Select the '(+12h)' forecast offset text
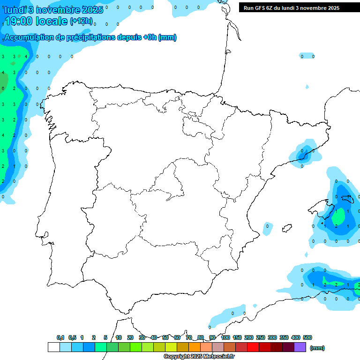pyautogui.click(x=81, y=21)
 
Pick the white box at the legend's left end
pyautogui.click(x=53, y=347)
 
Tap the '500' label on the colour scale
pyautogui.click(x=307, y=337)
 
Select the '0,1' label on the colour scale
pyautogui.click(x=60, y=337)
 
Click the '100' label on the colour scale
pyautogui.click(x=225, y=337)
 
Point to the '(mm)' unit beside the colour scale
pyautogui.click(x=317, y=348)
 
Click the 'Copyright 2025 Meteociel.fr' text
pyautogui.click(x=199, y=356)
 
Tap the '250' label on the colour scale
pyautogui.click(x=261, y=337)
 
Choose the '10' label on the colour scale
pyautogui.click(x=119, y=337)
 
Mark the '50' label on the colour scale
pyautogui.click(x=165, y=337)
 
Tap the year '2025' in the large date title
pyautogui.click(x=92, y=10)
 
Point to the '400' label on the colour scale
pyautogui.click(x=296, y=337)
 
